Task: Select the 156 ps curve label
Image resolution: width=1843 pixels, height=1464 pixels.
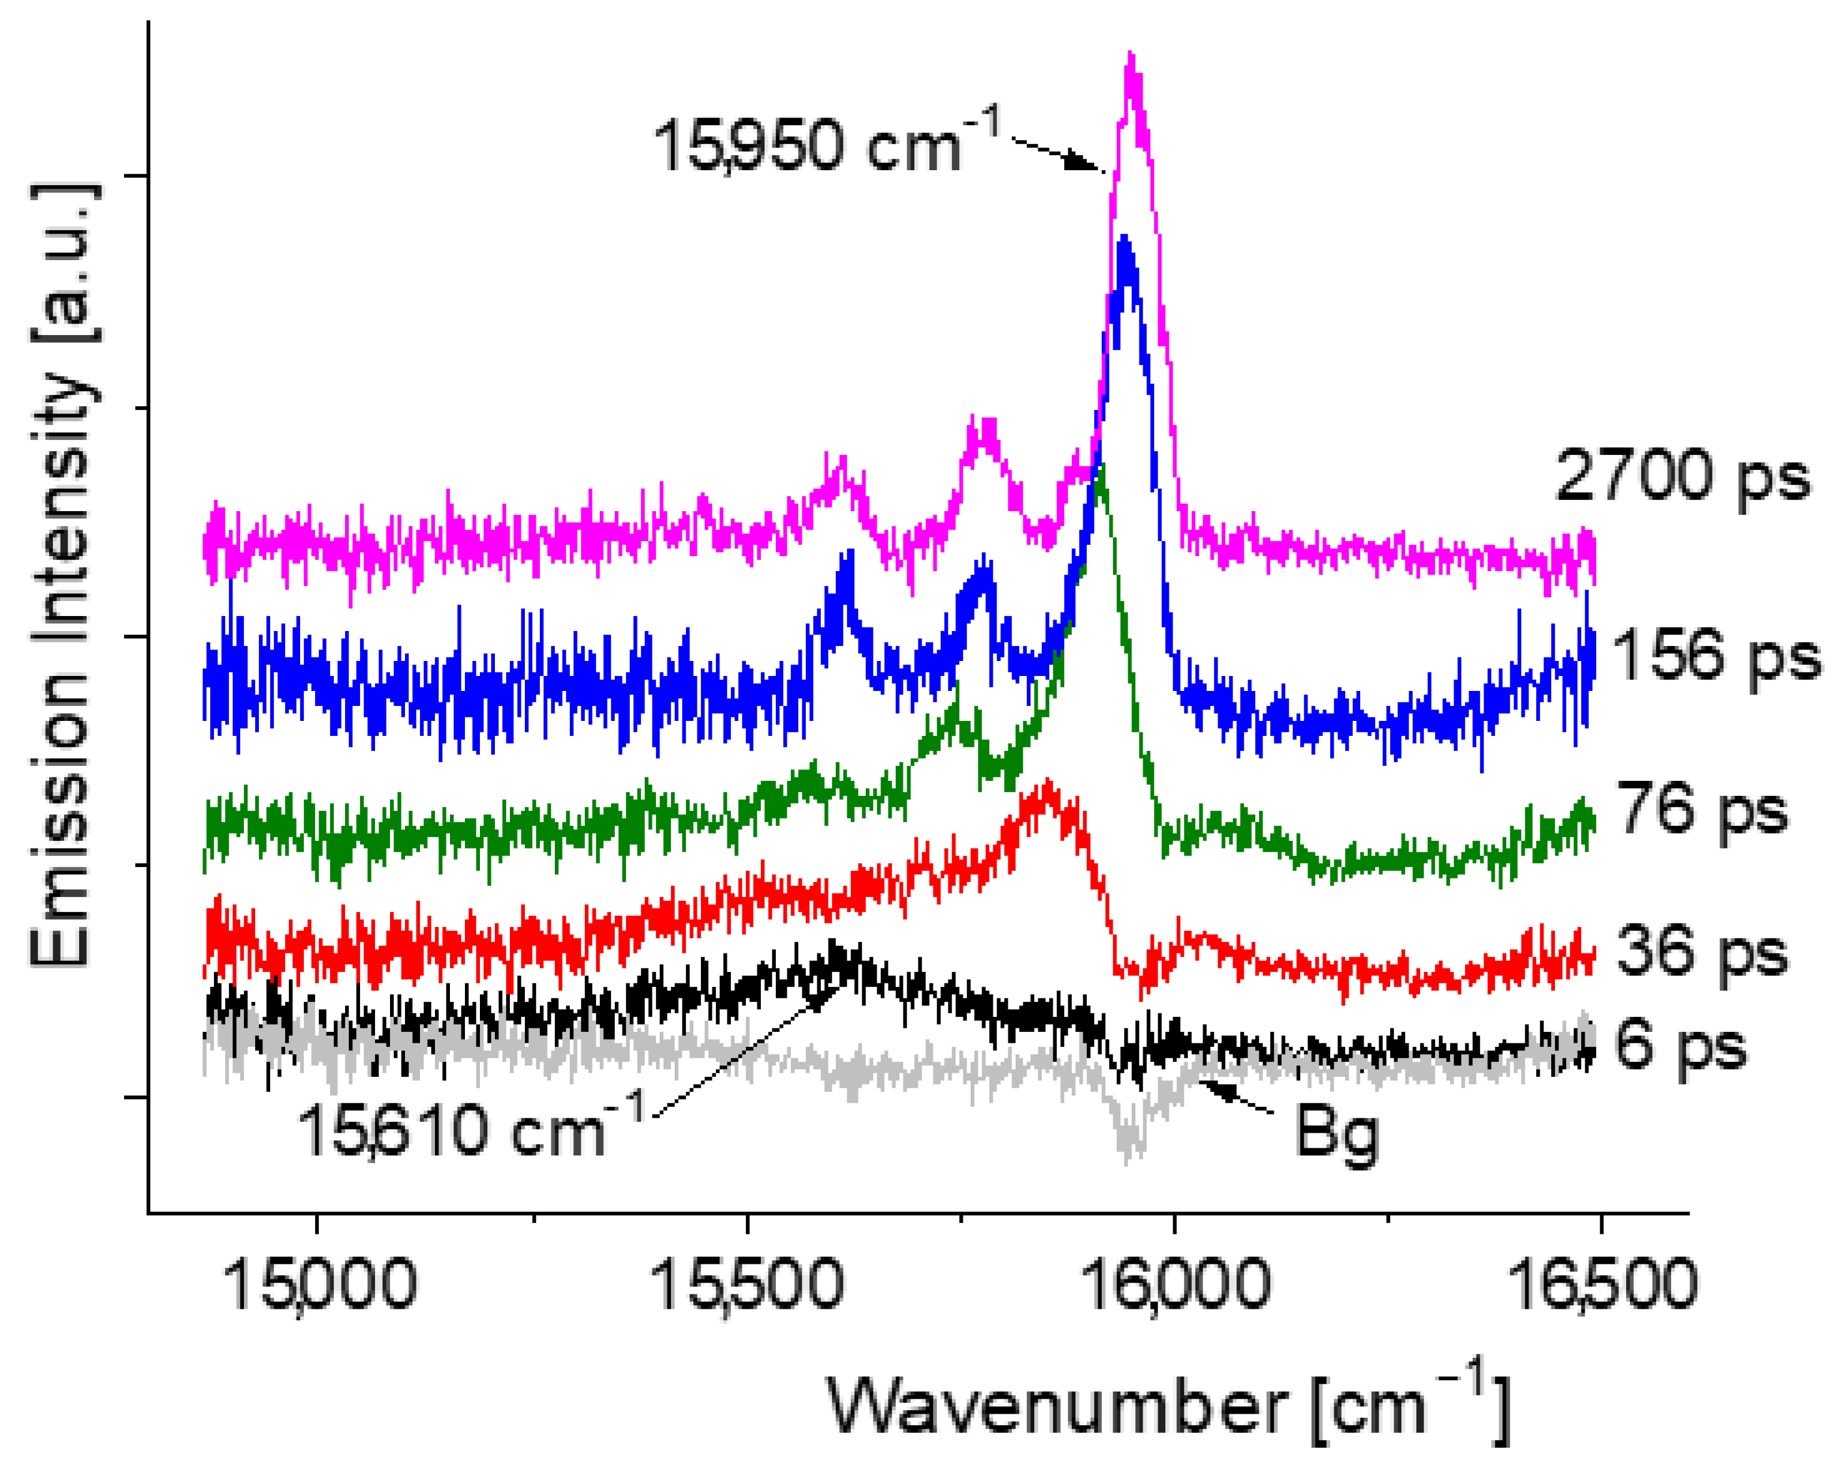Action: (x=1715, y=654)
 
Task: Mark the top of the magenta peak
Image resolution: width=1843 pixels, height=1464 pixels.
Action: (x=1132, y=56)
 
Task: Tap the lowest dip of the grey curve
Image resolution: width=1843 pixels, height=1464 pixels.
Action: (x=1130, y=1159)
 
